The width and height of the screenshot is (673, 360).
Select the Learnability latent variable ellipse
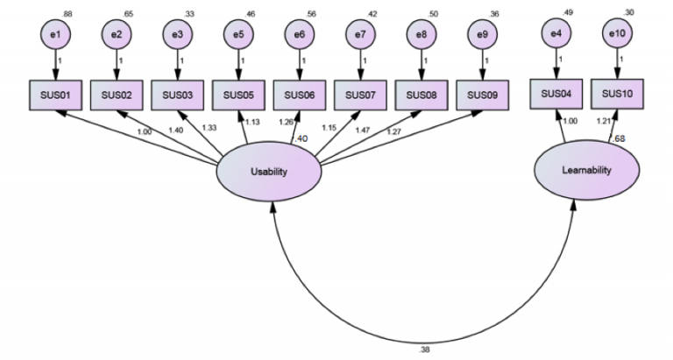click(x=584, y=170)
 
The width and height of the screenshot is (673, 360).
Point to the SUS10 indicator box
click(x=617, y=93)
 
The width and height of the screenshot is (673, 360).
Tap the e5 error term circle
click(x=238, y=35)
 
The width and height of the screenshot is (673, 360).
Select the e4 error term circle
click(x=556, y=34)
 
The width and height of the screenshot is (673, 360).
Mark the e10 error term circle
click(x=617, y=34)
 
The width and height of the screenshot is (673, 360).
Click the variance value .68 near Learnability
click(x=619, y=138)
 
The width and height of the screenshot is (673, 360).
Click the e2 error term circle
click(x=117, y=35)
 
